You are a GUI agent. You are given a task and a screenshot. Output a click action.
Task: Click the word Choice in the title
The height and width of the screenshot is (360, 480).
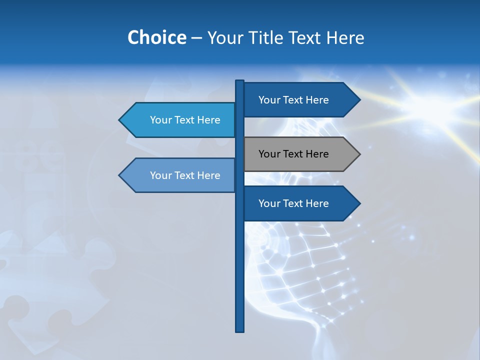[156, 37]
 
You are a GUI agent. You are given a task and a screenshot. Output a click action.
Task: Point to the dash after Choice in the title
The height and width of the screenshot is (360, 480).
[196, 38]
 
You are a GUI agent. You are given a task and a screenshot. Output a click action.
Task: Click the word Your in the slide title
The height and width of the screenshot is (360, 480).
[225, 37]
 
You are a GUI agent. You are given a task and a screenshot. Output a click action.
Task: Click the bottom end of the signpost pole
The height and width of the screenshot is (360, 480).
[240, 330]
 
